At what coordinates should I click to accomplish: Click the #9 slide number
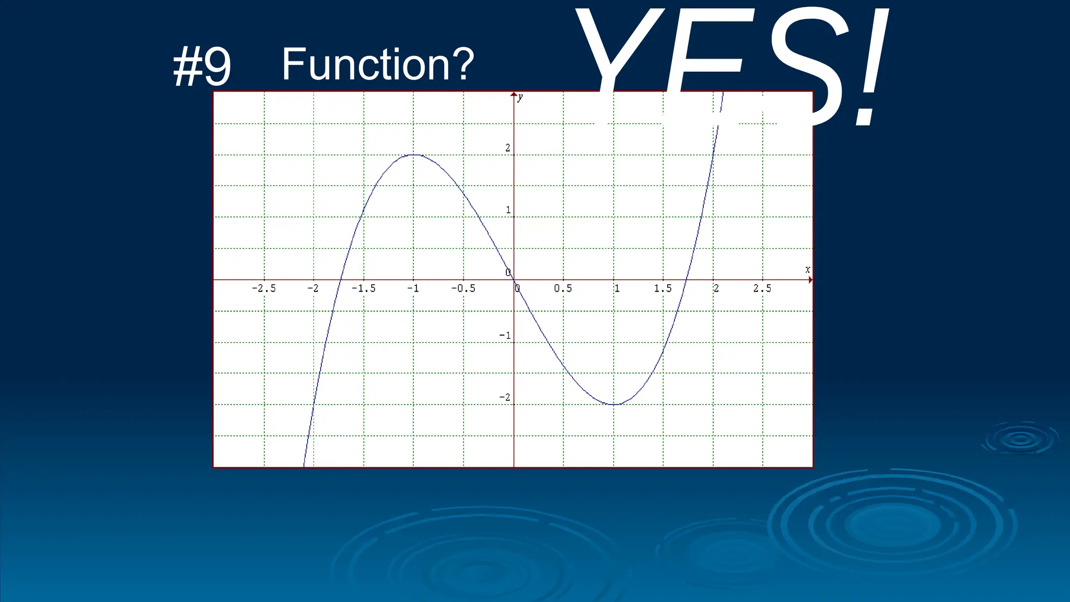tap(202, 67)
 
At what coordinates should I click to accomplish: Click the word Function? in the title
tap(378, 64)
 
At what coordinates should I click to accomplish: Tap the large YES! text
tap(731, 65)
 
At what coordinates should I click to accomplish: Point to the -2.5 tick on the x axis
tap(263, 288)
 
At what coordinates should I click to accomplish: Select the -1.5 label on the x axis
tap(363, 288)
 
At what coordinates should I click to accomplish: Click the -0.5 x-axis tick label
tap(463, 288)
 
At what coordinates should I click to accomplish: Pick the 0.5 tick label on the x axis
tap(563, 288)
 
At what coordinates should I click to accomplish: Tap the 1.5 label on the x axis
tap(662, 288)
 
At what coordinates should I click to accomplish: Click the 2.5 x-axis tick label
tap(762, 288)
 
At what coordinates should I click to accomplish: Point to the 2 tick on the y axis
tap(507, 148)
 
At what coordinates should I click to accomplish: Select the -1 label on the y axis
tap(505, 335)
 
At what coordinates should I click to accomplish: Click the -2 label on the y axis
tap(505, 397)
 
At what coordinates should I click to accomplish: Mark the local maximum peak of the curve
tap(414, 155)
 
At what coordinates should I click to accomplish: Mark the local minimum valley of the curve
tap(614, 404)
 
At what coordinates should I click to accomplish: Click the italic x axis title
tap(807, 270)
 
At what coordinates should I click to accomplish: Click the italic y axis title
tap(520, 98)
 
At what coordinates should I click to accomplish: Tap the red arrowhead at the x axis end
tap(810, 280)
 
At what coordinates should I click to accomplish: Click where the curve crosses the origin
tap(514, 280)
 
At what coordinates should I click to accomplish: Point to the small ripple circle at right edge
tap(1020, 439)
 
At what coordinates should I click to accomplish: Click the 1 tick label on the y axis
tap(508, 210)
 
